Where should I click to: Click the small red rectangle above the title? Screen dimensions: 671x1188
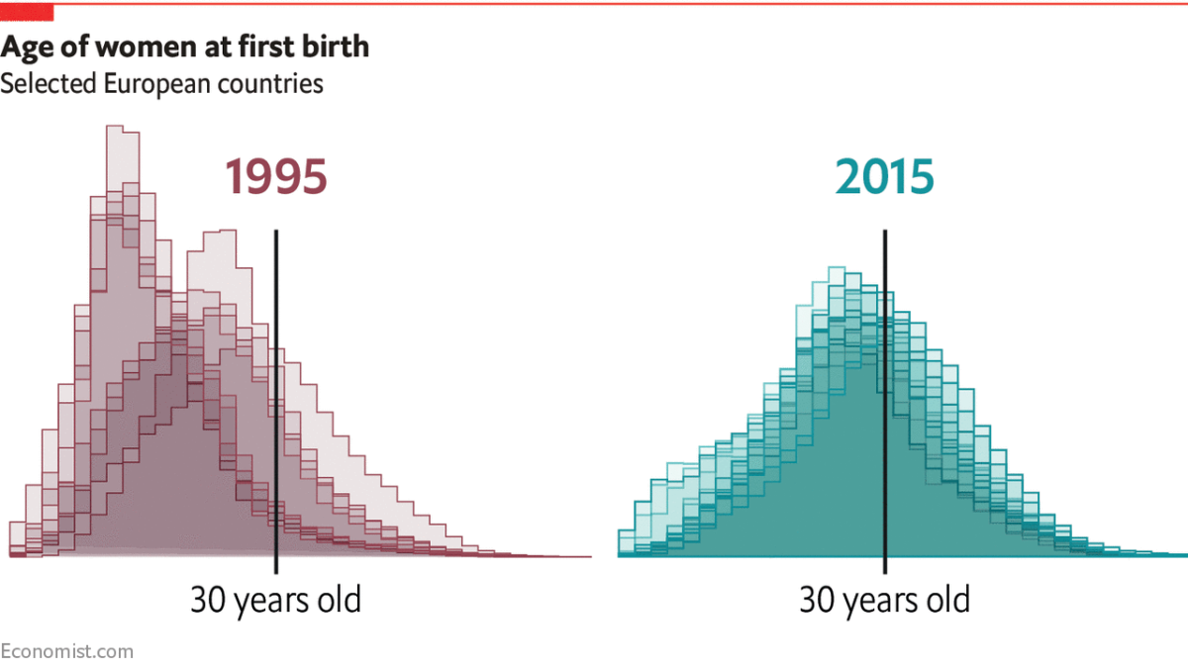pyautogui.click(x=26, y=12)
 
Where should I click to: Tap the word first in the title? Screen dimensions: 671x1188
pyautogui.click(x=251, y=47)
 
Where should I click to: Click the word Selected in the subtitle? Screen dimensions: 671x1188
pyautogui.click(x=49, y=84)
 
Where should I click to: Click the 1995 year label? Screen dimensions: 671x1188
pyautogui.click(x=275, y=178)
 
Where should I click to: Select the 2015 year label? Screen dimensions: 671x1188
pyautogui.click(x=884, y=178)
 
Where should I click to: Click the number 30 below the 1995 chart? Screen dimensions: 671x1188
pyautogui.click(x=209, y=601)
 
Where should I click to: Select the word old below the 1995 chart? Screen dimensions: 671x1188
pyautogui.click(x=338, y=601)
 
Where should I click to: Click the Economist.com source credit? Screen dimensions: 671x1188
pyautogui.click(x=66, y=651)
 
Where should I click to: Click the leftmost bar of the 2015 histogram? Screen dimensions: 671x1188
pyautogui.click(x=626, y=543)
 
